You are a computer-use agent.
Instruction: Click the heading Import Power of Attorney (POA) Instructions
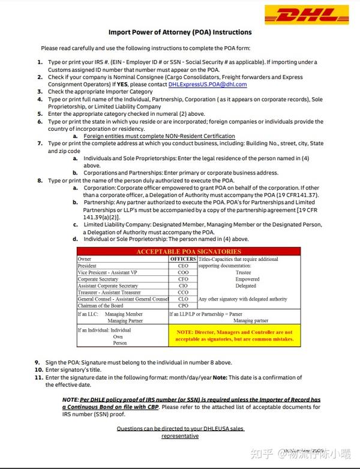[180, 32]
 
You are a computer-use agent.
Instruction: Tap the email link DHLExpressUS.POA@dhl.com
[208, 85]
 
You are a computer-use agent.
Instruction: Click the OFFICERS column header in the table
[182, 259]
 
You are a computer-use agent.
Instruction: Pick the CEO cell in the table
[182, 266]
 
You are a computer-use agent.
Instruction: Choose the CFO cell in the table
[182, 279]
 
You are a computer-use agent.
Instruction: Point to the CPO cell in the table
[182, 306]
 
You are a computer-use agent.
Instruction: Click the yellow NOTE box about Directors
[233, 335]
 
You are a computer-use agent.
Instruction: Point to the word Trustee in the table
[244, 272]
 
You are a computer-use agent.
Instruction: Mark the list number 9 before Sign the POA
[37, 362]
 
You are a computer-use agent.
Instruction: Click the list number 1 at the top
[40, 62]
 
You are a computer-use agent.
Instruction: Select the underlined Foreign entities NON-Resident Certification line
[159, 136]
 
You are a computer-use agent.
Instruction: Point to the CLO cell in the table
[182, 299]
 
